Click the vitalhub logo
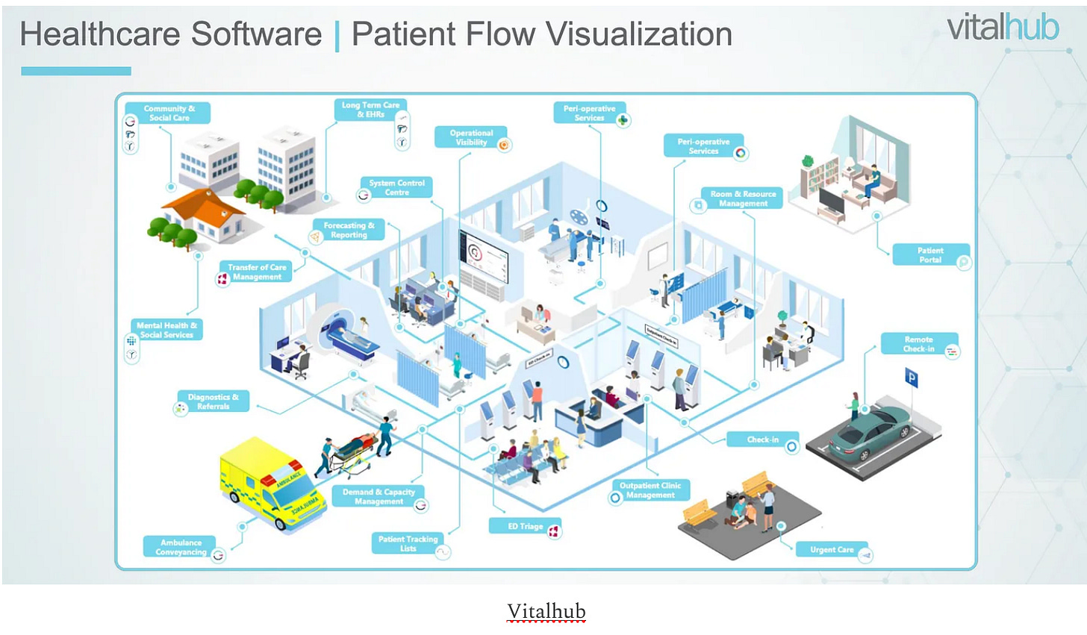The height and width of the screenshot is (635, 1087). coord(1003,28)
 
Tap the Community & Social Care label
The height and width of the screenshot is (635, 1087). coord(169,113)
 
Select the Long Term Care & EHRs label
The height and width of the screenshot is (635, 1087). coord(370,110)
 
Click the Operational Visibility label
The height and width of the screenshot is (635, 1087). coord(471,137)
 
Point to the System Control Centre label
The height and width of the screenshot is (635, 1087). coord(396,187)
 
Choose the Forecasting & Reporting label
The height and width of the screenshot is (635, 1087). coord(349,230)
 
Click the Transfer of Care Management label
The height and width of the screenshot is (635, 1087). coord(257,272)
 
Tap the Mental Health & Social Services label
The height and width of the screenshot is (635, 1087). coord(166,330)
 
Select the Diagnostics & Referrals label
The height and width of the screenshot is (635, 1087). coord(213,401)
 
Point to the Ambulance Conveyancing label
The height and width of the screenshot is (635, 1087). coord(181,547)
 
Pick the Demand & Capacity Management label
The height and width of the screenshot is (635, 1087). coord(379,496)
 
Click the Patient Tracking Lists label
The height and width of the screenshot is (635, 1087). coord(408,543)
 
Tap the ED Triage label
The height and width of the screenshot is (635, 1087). coord(526,527)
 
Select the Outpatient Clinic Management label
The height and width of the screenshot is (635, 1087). coord(650,490)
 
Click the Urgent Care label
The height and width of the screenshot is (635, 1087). coord(832,550)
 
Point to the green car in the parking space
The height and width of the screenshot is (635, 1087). coord(870,432)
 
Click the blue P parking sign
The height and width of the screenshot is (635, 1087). coord(911,378)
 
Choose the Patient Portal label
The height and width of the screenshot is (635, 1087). coord(930,255)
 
